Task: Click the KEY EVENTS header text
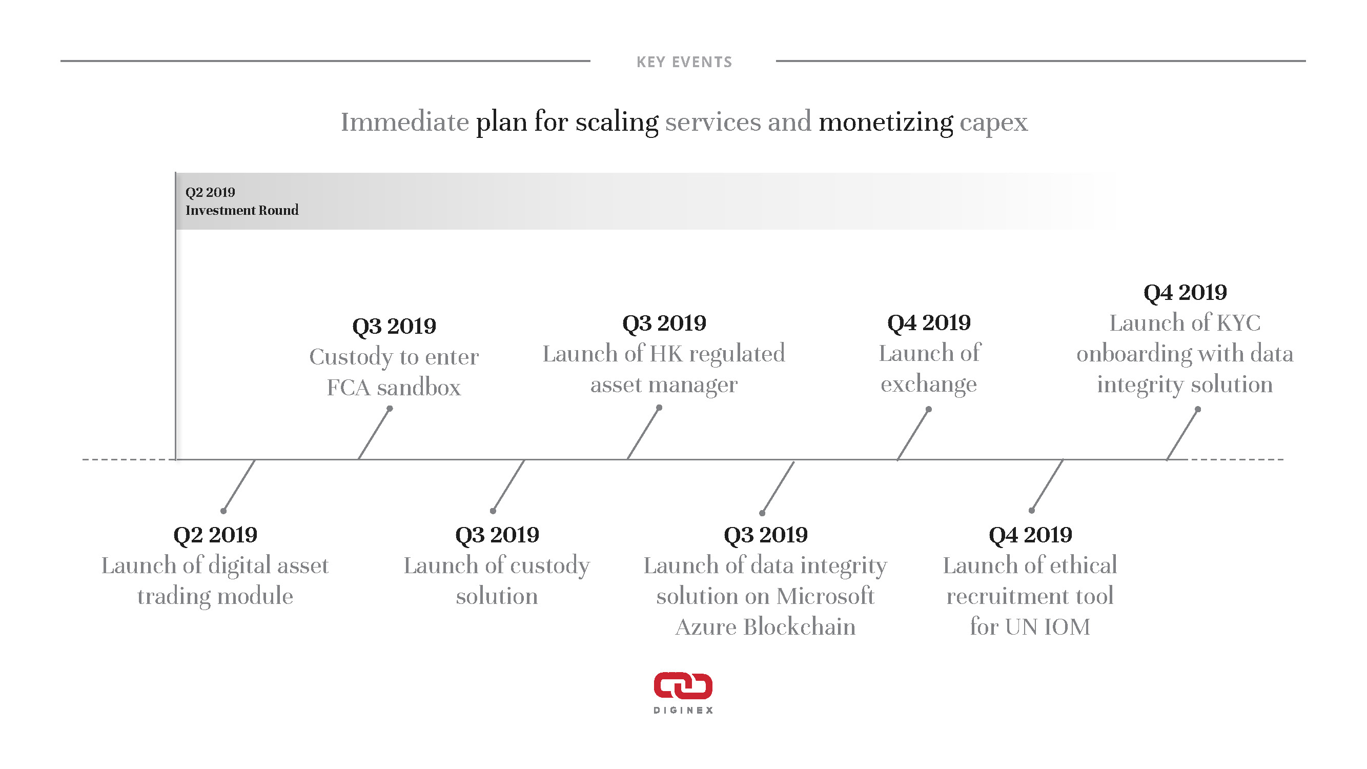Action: point(684,62)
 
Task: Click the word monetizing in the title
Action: point(886,123)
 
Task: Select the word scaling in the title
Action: point(617,123)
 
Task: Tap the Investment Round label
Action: point(242,210)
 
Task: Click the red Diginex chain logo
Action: point(683,685)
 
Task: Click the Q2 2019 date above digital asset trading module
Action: point(215,535)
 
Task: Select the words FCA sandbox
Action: point(394,388)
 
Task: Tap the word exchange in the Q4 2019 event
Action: point(929,384)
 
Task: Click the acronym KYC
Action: point(1238,323)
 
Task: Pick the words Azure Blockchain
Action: point(765,628)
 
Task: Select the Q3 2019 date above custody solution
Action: point(497,535)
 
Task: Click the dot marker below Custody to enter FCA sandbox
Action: point(390,409)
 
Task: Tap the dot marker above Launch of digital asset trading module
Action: point(223,511)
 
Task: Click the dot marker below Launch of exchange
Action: point(929,409)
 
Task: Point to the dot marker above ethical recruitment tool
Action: point(1032,511)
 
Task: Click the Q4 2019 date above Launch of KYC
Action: point(1185,292)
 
